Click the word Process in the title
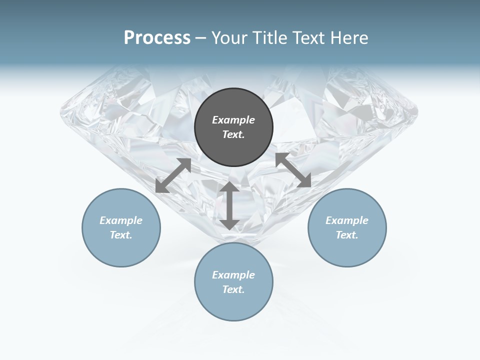(x=157, y=38)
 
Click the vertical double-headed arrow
(x=229, y=205)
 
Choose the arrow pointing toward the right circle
(x=293, y=170)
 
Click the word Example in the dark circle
(x=233, y=120)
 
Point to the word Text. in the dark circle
(x=233, y=134)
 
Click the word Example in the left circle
(x=121, y=220)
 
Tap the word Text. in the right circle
(x=347, y=235)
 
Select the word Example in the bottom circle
(x=233, y=275)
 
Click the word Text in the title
(x=307, y=38)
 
